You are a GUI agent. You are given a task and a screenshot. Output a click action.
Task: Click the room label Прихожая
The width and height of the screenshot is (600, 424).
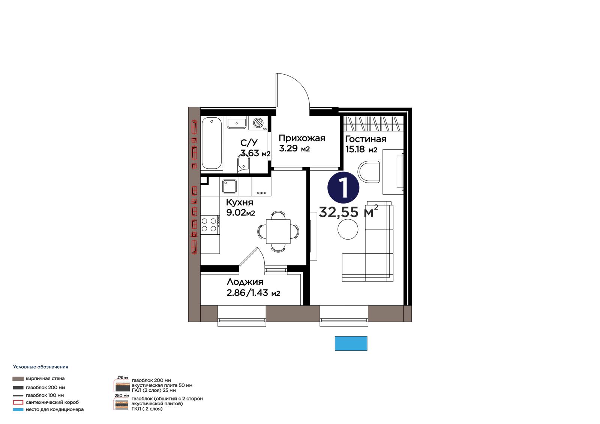pyautogui.click(x=302, y=138)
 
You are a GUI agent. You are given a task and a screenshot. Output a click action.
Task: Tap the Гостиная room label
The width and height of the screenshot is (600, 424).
pyautogui.click(x=366, y=139)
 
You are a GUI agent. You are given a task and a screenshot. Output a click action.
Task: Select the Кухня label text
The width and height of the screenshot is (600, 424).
pyautogui.click(x=240, y=202)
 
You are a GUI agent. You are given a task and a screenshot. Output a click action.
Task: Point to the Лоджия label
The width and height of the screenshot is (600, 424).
pyautogui.click(x=245, y=282)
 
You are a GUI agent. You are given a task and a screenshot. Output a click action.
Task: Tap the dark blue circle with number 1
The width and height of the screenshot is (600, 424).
pyautogui.click(x=343, y=187)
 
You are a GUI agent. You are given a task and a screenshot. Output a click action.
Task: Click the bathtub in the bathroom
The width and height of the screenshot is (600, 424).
pyautogui.click(x=211, y=144)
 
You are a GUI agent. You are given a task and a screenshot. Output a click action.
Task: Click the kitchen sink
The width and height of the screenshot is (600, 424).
pyautogui.click(x=229, y=186)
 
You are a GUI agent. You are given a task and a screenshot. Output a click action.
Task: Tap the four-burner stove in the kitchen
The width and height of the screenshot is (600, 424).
pyautogui.click(x=210, y=225)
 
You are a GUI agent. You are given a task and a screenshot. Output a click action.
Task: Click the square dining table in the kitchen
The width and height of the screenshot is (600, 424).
pyautogui.click(x=278, y=231)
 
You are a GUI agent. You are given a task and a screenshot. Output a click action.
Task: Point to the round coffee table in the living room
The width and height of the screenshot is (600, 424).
pyautogui.click(x=348, y=229)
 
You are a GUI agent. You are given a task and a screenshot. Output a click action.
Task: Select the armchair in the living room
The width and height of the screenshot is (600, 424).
pyautogui.click(x=369, y=172)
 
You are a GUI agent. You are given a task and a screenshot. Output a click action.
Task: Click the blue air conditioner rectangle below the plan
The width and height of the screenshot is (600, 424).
pyautogui.click(x=351, y=343)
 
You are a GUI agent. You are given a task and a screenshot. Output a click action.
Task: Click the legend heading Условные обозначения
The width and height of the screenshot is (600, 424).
pyautogui.click(x=41, y=367)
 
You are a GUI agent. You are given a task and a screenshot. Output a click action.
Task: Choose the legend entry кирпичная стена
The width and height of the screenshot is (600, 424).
pyautogui.click(x=45, y=379)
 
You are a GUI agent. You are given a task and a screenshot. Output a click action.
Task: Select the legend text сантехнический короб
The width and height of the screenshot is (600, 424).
pyautogui.click(x=52, y=402)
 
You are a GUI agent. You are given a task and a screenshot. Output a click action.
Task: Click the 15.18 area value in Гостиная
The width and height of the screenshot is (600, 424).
pyautogui.click(x=355, y=149)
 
